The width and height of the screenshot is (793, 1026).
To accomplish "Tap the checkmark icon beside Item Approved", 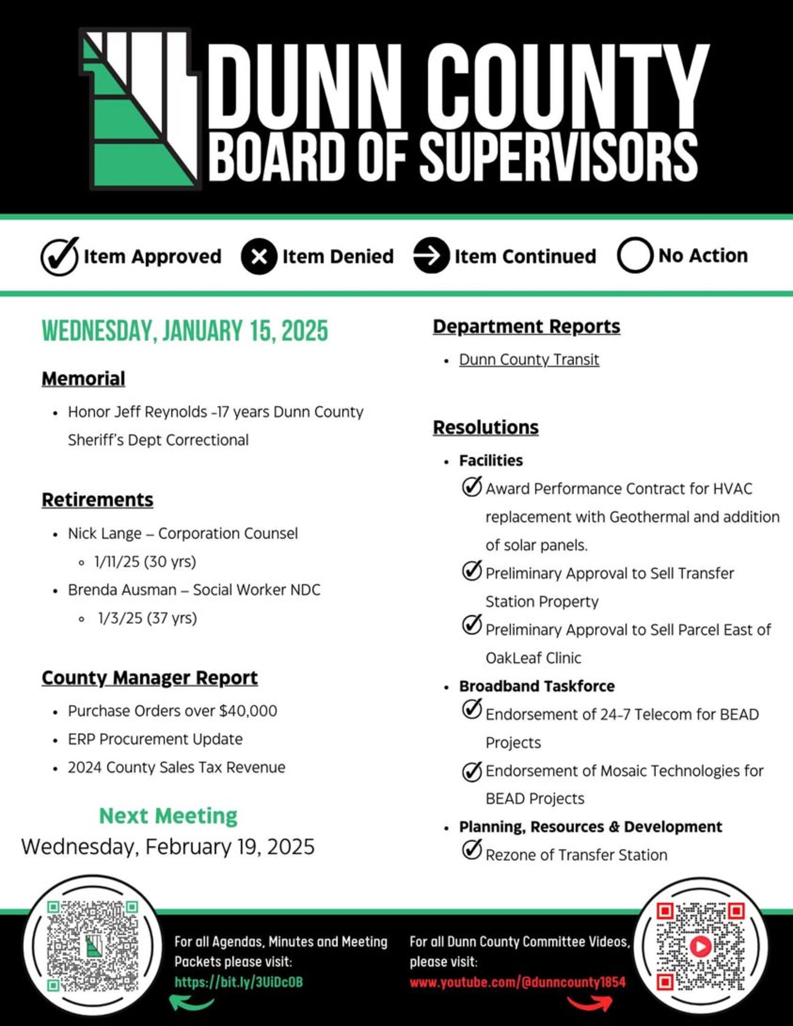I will tap(60, 256).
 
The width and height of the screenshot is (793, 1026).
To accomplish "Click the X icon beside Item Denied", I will tap(259, 256).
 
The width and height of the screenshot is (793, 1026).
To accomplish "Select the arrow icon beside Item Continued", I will tap(431, 256).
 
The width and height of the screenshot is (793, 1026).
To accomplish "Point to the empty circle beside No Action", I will tap(634, 255).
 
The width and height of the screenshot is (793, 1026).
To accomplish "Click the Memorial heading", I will tap(84, 379).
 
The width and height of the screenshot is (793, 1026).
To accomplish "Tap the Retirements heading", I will tap(98, 500).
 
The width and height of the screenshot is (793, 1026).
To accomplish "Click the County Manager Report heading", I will tap(149, 678).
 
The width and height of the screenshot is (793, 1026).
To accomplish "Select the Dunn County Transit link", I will tap(529, 360).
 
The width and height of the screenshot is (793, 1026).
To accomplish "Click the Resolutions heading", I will tap(486, 427).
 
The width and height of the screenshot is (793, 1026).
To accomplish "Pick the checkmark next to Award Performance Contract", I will tap(472, 487).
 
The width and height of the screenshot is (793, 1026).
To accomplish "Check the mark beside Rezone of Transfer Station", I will tap(472, 849).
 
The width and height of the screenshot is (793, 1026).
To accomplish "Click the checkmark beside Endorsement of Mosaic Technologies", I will tap(472, 771).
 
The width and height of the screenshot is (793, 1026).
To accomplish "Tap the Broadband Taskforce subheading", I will tap(537, 686).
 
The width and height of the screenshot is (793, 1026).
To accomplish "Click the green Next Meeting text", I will tap(168, 816).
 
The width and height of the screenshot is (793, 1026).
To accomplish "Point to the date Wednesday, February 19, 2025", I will tap(168, 847).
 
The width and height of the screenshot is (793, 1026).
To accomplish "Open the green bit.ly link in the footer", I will tap(239, 982).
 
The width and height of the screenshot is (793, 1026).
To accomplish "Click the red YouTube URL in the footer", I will tap(517, 982).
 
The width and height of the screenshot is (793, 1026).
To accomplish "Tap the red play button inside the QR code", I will tap(700, 946).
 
